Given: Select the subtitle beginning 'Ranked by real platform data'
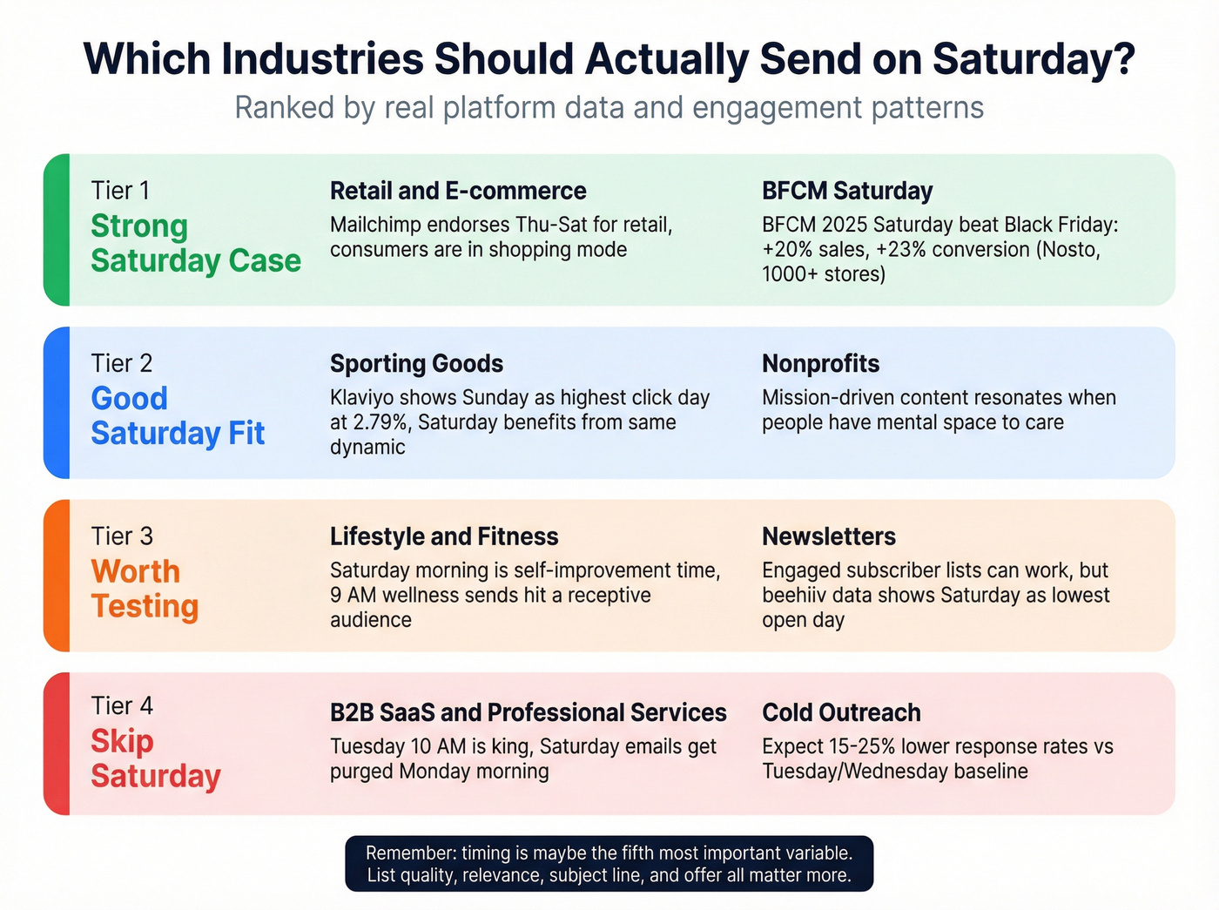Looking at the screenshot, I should click(609, 108).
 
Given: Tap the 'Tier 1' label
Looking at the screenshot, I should click(120, 190).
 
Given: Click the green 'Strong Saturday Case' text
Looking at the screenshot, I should click(195, 243).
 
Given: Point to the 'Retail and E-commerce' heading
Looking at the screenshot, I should click(458, 191).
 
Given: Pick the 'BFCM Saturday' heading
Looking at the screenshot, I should click(847, 191).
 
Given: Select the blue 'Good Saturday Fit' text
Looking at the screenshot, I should click(178, 415).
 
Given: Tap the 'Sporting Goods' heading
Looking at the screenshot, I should click(416, 363).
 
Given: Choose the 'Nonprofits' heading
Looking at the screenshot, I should click(820, 363).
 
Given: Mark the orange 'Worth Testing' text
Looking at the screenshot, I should click(145, 589).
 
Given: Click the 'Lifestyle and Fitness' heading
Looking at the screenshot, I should click(444, 536).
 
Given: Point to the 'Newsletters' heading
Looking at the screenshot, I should click(829, 536).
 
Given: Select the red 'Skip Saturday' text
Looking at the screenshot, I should click(155, 758).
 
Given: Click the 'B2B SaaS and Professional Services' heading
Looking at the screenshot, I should click(528, 712).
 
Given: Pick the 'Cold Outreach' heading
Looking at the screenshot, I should click(841, 712).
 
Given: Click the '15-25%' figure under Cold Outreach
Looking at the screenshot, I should click(858, 746).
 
